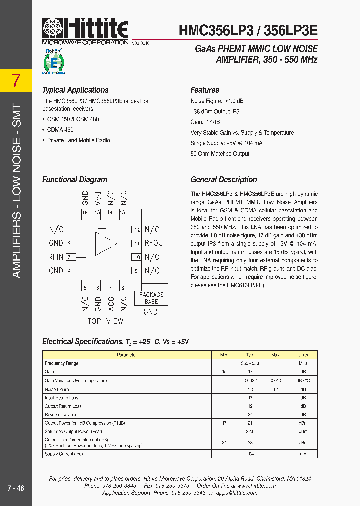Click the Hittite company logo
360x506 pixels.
coord(85,30)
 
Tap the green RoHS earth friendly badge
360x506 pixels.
coord(53,61)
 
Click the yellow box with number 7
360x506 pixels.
coord(16,81)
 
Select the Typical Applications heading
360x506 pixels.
coord(75,90)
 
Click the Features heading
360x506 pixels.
coord(205,90)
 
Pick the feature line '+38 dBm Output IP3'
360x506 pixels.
coord(215,111)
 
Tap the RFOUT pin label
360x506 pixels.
coord(155,243)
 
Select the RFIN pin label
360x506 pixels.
coord(56,257)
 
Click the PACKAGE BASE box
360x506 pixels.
coord(151,298)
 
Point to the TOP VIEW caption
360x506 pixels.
coord(105,321)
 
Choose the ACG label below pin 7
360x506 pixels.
coord(111,303)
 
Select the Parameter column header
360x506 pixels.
coord(127,355)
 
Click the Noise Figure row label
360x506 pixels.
coord(57,389)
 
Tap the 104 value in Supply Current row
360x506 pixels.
coord(250,454)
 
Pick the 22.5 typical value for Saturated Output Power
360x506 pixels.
coord(250,431)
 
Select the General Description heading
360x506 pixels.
coord(224,180)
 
